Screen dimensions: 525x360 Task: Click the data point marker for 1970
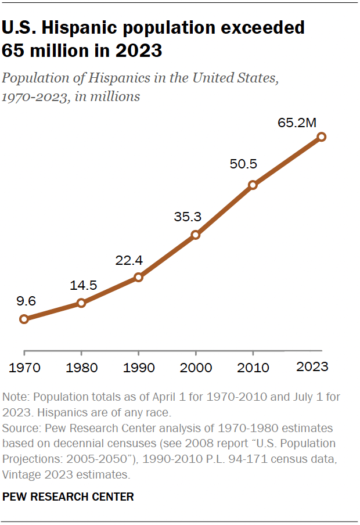[x=24, y=319]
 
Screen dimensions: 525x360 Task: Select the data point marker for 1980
[x=81, y=303]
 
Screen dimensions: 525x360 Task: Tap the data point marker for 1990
[x=138, y=277]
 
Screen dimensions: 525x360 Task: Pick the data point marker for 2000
[x=196, y=235]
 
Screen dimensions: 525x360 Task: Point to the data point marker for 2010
[x=253, y=185]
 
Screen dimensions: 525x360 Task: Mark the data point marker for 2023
[x=322, y=137]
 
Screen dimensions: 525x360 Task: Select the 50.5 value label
[x=243, y=164]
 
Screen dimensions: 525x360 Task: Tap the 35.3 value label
[x=187, y=217]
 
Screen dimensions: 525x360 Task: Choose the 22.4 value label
[x=129, y=260]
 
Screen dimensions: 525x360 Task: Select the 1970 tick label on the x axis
[x=24, y=368]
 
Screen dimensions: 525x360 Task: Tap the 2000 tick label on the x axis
[x=196, y=368]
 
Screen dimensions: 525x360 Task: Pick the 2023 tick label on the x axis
[x=312, y=367]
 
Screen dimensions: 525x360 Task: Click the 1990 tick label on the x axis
[x=138, y=368]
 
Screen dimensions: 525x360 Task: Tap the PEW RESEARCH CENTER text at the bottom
[x=68, y=497]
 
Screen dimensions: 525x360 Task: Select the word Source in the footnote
[x=21, y=428]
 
